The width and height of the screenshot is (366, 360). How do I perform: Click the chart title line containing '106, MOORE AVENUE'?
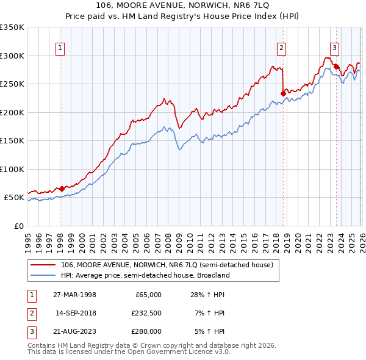point(183,5)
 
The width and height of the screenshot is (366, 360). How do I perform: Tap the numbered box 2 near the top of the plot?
point(281,48)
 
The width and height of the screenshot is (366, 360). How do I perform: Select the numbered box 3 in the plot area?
point(335,48)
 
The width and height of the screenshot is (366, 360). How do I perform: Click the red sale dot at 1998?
point(62,189)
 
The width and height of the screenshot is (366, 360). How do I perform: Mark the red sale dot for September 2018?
point(283,93)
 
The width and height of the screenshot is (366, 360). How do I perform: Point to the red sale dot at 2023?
point(336,67)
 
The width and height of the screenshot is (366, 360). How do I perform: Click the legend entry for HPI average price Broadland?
point(145,275)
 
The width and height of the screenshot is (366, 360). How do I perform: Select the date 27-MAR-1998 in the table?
point(75,295)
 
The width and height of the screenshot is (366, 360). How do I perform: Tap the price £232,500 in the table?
point(146,313)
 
